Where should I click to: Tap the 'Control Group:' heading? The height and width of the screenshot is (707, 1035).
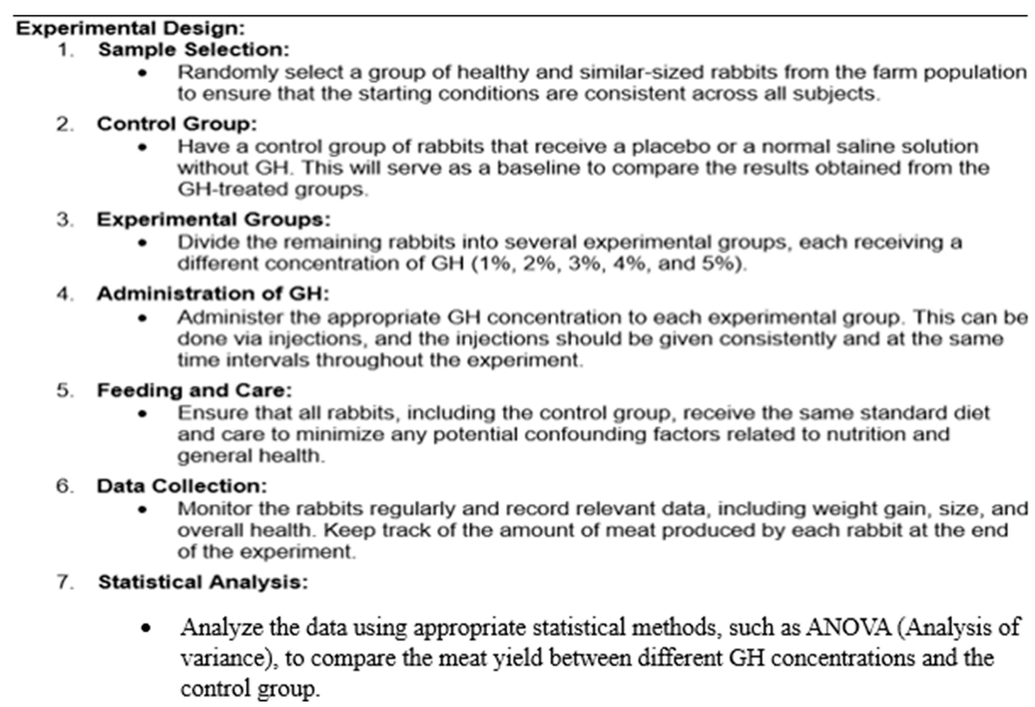[177, 124]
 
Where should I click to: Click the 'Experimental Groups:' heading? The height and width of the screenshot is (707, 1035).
[214, 219]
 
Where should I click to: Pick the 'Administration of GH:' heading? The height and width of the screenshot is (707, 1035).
[213, 294]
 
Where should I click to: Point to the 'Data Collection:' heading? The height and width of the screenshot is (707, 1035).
[182, 486]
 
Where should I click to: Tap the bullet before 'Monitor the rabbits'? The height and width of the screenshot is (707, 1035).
[143, 510]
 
